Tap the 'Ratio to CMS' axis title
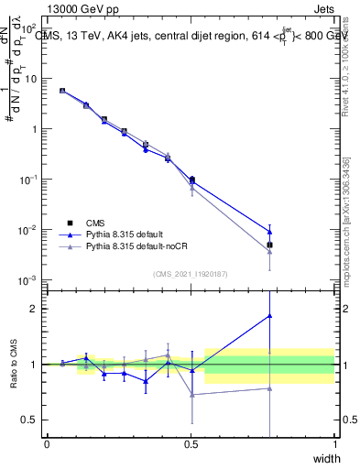tap(13, 365)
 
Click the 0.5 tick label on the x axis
tap(191, 444)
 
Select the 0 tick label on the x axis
tap(47, 444)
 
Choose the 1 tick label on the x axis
tap(335, 444)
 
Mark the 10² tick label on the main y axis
tap(30, 28)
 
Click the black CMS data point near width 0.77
tap(269, 245)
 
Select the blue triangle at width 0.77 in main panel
tap(269, 231)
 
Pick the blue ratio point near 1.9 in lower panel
tap(269, 316)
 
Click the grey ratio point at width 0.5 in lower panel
tap(191, 395)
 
